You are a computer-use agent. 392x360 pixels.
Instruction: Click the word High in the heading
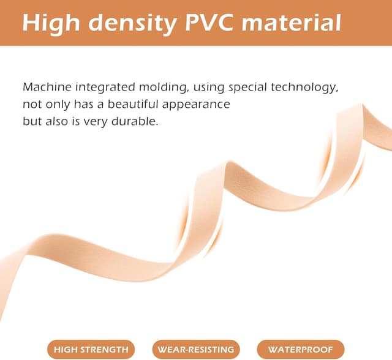51,24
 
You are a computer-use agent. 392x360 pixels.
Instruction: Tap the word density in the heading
132,24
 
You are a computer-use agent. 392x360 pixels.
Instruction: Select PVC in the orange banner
209,23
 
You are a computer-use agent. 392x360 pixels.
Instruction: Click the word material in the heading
292,23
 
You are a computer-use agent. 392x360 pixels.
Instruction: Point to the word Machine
47,87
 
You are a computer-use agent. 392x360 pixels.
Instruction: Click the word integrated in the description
105,88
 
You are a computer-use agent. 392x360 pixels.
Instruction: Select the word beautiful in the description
133,104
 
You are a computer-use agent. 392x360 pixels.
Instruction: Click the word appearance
196,105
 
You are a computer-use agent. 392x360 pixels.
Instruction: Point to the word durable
135,121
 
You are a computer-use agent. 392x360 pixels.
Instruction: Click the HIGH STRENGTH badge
91,349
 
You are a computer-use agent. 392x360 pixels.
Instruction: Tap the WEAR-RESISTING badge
196,349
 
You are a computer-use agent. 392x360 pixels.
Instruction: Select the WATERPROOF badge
301,349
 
